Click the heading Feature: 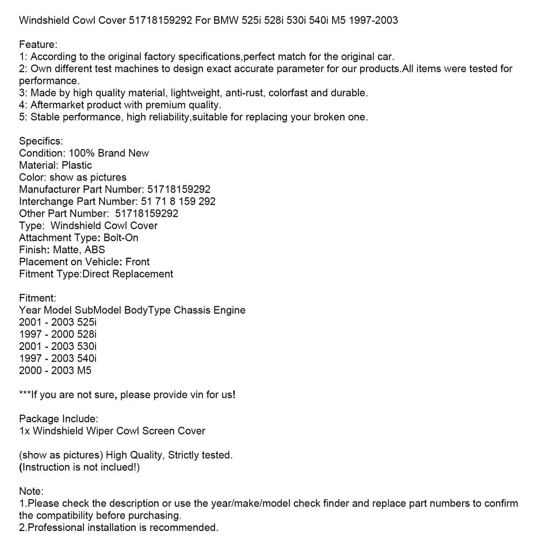coord(38,45)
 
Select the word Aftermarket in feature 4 coord(57,105)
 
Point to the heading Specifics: coord(41,141)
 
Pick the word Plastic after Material coord(77,165)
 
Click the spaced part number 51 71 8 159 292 coord(178,202)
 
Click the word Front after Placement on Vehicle coord(137,262)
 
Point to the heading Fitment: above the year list coord(37,298)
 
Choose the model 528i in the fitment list coord(87,334)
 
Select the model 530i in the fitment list coord(87,346)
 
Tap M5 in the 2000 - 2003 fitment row coord(84,370)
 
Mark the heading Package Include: coord(59,419)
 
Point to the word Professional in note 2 coord(59,528)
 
